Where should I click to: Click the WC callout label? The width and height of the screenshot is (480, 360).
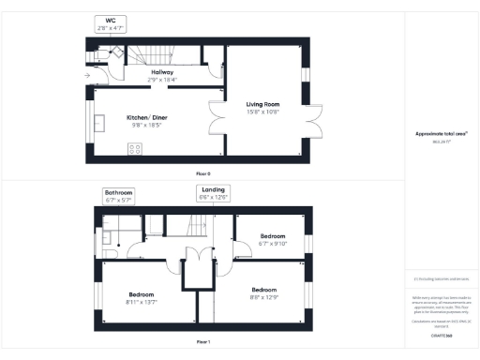(x=110, y=20)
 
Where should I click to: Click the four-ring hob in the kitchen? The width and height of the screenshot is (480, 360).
(x=134, y=147)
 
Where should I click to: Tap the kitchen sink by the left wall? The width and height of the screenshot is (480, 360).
(x=100, y=119)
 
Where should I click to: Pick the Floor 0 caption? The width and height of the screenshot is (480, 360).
(x=203, y=174)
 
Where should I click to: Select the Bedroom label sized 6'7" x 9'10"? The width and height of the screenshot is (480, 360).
(x=273, y=235)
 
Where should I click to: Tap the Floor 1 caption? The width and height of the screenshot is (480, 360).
(x=203, y=342)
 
